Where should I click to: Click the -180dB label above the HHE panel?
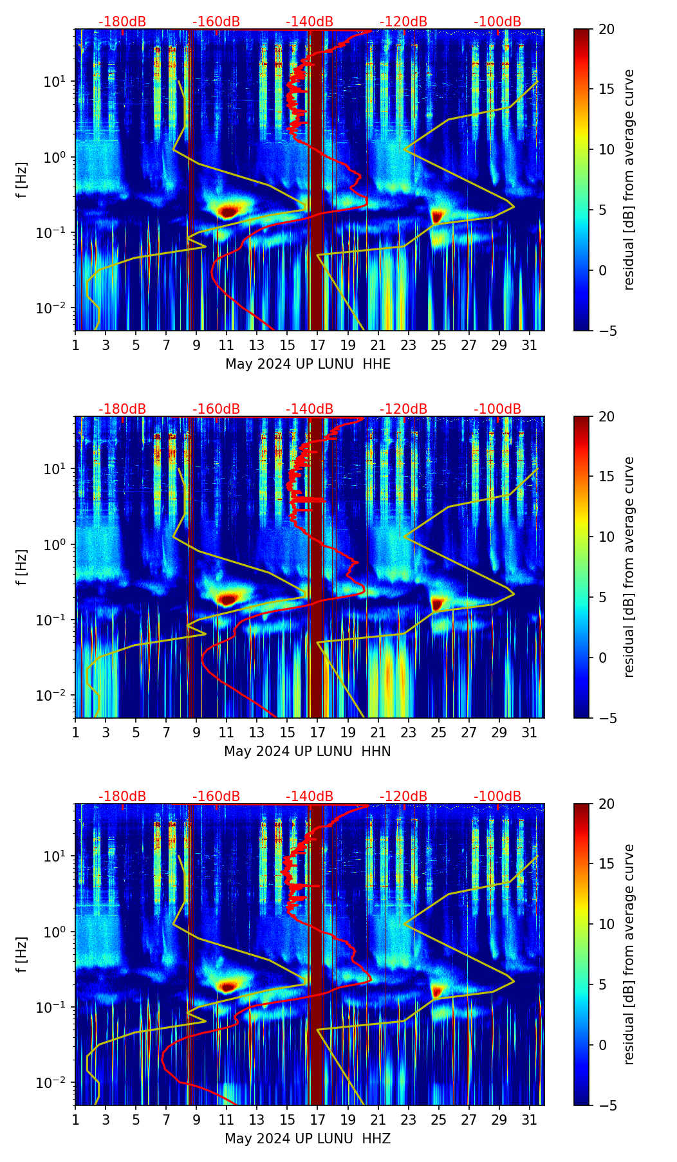[x=122, y=22]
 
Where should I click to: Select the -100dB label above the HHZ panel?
[x=497, y=797]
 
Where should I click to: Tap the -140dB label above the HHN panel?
[x=310, y=409]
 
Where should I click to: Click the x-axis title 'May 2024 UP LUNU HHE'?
[x=308, y=364]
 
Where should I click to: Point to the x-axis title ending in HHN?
[x=308, y=752]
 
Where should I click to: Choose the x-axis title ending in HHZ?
[x=308, y=1139]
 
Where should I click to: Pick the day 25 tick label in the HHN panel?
[x=438, y=732]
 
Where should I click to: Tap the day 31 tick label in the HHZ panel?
[x=529, y=1120]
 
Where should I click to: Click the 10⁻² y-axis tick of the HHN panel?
[x=55, y=696]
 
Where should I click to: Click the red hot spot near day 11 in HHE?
[x=228, y=210]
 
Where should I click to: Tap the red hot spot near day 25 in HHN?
[x=438, y=604]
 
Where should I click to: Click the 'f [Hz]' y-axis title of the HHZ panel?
[x=22, y=954]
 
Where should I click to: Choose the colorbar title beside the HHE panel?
[x=629, y=180]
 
